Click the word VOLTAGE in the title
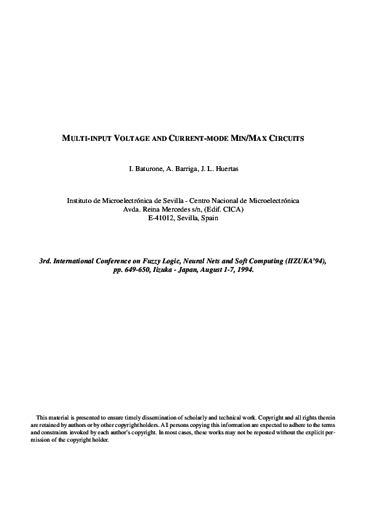click(129, 138)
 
